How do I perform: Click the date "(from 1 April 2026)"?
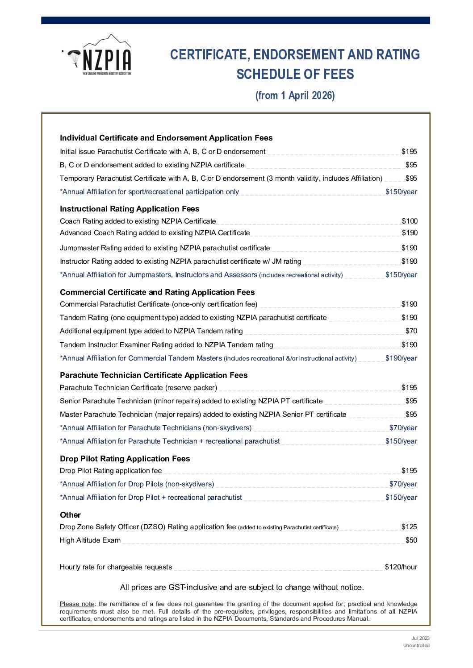click(295, 95)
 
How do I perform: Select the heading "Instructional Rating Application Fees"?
click(130, 209)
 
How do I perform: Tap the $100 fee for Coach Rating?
click(410, 221)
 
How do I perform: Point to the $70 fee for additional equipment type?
click(411, 331)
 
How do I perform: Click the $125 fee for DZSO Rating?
click(409, 527)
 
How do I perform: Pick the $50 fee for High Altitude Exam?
click(411, 540)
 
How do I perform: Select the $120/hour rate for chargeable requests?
click(401, 567)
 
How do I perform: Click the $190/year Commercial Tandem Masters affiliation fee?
click(401, 358)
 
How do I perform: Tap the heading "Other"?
click(71, 515)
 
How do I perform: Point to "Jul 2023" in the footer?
click(420, 639)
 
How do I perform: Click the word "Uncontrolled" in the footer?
click(416, 646)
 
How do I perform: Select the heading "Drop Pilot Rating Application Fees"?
click(125, 459)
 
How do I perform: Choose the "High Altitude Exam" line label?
click(90, 540)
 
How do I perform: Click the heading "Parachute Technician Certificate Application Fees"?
click(154, 375)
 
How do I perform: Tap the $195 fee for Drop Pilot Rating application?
click(409, 471)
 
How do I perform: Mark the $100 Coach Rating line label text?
click(138, 221)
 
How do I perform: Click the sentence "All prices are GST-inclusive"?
click(242, 588)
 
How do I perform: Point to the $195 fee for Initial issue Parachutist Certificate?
click(409, 152)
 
